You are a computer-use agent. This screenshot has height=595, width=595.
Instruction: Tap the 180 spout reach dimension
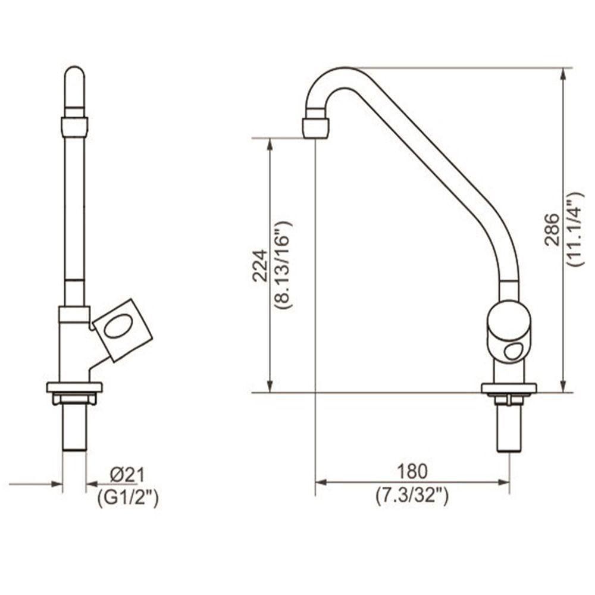[412, 471]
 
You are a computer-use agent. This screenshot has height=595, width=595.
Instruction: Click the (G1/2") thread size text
[128, 499]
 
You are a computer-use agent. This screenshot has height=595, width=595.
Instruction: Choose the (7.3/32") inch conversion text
[412, 495]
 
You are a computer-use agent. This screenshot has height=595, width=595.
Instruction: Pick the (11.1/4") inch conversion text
[575, 229]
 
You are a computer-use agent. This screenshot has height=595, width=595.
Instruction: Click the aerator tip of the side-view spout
[315, 127]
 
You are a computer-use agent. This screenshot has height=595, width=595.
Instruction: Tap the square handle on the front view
[123, 329]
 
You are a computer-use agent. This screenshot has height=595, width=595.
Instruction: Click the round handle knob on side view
[509, 330]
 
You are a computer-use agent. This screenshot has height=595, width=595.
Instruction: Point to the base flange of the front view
[74, 387]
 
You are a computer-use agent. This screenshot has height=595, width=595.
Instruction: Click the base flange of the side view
[509, 389]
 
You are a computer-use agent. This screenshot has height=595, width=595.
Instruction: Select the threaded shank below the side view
[509, 428]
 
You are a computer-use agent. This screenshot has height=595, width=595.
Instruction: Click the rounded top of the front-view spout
[74, 77]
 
